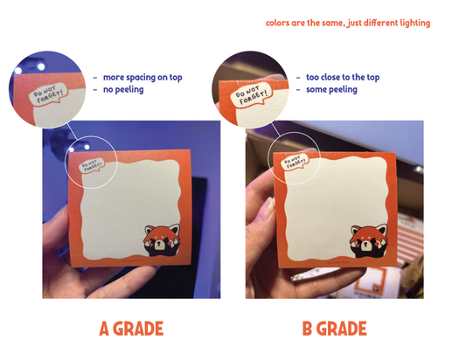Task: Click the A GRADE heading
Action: tap(131, 329)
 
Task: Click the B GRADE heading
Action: tap(334, 329)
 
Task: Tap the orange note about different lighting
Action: tap(348, 24)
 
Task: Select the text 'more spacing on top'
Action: tap(143, 78)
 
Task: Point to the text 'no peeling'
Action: tap(123, 89)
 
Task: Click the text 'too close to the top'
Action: tap(343, 77)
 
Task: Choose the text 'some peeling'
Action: tap(331, 89)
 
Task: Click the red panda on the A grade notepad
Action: tap(162, 240)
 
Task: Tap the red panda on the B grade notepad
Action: tap(369, 240)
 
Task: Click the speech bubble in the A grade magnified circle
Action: tap(48, 93)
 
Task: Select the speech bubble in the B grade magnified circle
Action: tap(251, 94)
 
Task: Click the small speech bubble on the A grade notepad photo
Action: tap(92, 165)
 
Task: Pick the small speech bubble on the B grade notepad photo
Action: tap(295, 162)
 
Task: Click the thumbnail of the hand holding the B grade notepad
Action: tap(269, 209)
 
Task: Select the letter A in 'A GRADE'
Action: tap(104, 329)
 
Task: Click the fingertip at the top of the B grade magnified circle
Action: tap(274, 77)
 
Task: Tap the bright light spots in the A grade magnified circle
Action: tap(30, 68)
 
